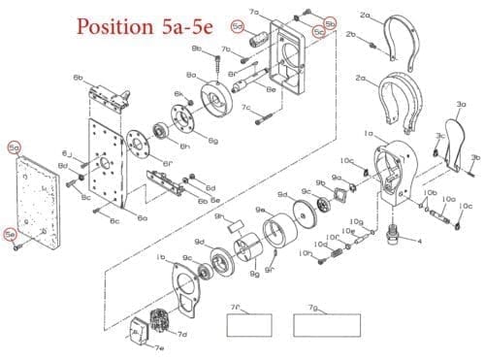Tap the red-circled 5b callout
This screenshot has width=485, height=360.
pos(330,21)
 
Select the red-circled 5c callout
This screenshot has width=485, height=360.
pos(319,32)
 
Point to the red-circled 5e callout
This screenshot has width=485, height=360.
pos(11,234)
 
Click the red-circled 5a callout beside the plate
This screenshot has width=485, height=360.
pos(14,147)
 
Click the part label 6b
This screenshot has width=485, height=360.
pos(77,75)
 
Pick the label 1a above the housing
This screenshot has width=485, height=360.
pos(368,132)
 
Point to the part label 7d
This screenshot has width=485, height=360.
pos(181,334)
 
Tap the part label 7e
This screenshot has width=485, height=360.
pos(157,346)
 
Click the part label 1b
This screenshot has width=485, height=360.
pos(160,256)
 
